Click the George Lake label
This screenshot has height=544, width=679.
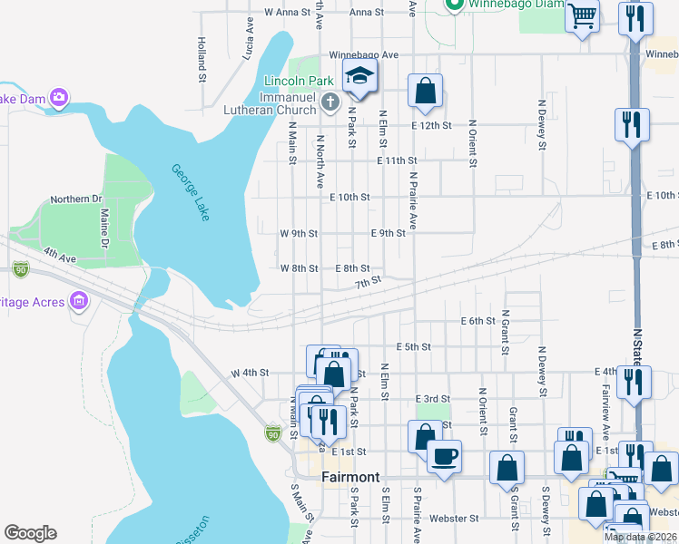pos(190,192)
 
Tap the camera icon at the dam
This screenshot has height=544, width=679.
pos(59,96)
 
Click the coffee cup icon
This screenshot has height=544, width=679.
pos(444,455)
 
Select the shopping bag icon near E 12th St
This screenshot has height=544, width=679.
pos(425,91)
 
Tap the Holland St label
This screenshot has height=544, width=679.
pos(202,56)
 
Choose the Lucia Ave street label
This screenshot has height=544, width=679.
pos(249,42)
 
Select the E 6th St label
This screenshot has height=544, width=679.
pos(477,321)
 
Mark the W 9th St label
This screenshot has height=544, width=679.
pos(299,233)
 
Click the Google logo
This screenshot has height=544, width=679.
pos(30,533)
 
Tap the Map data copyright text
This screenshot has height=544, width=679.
pos(639,537)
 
